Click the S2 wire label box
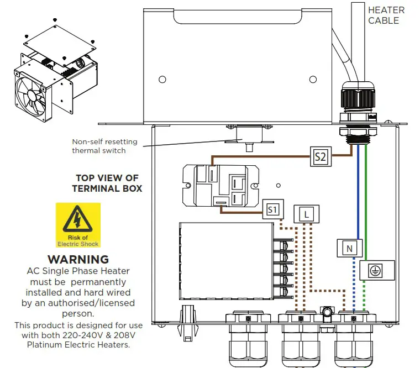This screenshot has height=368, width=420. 320,157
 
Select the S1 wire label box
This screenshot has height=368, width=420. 272,209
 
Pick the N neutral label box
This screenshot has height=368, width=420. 349,249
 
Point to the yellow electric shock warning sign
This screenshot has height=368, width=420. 78,225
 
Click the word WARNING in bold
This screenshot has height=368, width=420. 78,259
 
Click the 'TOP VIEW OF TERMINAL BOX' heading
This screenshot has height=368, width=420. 107,183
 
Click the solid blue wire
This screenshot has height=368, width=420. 359,188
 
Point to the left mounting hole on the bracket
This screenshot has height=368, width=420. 162,80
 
